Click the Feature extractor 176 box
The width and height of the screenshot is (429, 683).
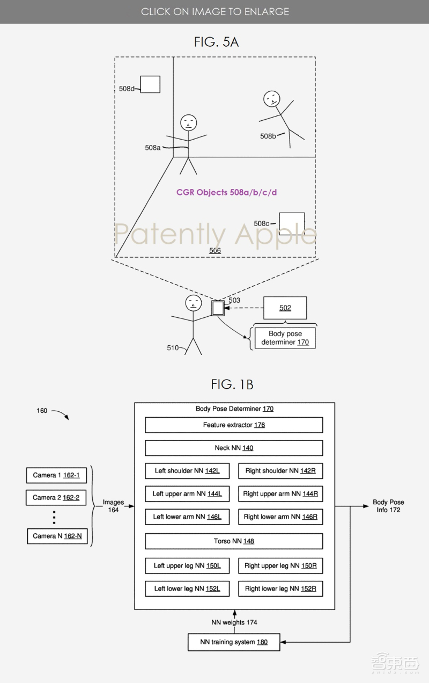pyautogui.click(x=234, y=425)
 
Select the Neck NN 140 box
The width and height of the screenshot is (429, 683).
pyautogui.click(x=234, y=448)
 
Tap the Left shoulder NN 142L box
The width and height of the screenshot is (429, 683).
pyautogui.click(x=187, y=471)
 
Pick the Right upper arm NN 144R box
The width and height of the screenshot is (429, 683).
pyautogui.click(x=280, y=494)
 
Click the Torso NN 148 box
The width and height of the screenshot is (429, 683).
pyautogui.click(x=234, y=541)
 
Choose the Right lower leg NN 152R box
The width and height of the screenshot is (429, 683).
pyautogui.click(x=280, y=588)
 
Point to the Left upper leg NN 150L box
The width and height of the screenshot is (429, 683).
pyautogui.click(x=187, y=565)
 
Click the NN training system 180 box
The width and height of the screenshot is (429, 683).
pyautogui.click(x=234, y=642)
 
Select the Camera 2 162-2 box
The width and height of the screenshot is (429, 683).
pyautogui.click(x=56, y=498)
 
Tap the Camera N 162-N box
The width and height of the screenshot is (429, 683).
pyautogui.click(x=57, y=536)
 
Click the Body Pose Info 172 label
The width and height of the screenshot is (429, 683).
pyautogui.click(x=388, y=506)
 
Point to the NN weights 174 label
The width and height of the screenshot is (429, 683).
pyautogui.click(x=233, y=622)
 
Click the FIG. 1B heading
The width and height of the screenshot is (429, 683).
pyautogui.click(x=232, y=384)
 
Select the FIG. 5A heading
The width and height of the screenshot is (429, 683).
pyautogui.click(x=217, y=42)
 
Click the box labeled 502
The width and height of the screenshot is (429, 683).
pyautogui.click(x=285, y=308)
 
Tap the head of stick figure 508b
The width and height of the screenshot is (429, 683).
pyautogui.click(x=271, y=99)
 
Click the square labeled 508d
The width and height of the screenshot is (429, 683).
pyautogui.click(x=150, y=85)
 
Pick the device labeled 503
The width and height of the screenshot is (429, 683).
pyautogui.click(x=218, y=308)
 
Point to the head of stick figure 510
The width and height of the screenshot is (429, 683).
pyautogui.click(x=193, y=303)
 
